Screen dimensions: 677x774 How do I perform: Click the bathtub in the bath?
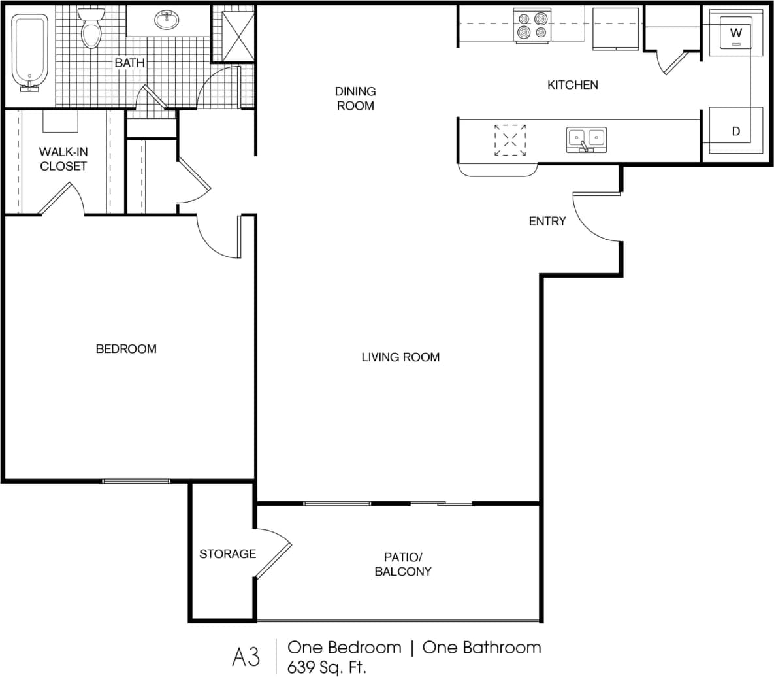click(30, 51)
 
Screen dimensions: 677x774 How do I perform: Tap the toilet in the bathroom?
click(91, 30)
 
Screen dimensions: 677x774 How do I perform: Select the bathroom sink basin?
click(168, 20)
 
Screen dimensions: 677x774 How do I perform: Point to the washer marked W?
click(736, 33)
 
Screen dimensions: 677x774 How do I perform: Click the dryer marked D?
click(736, 131)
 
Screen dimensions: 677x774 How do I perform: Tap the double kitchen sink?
click(586, 139)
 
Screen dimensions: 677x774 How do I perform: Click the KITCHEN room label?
click(572, 85)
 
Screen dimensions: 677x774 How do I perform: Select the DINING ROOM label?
click(355, 98)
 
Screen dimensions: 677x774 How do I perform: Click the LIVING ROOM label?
click(400, 357)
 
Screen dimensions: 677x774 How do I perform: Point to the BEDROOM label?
click(126, 349)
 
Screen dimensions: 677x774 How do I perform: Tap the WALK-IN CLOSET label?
click(63, 159)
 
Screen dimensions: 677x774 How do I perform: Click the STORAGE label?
click(227, 554)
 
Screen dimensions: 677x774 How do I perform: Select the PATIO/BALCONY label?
click(403, 564)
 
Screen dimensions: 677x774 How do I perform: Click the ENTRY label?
click(547, 222)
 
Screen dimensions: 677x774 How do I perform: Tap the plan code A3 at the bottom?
click(246, 657)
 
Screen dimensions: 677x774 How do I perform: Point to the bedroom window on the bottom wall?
click(136, 482)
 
